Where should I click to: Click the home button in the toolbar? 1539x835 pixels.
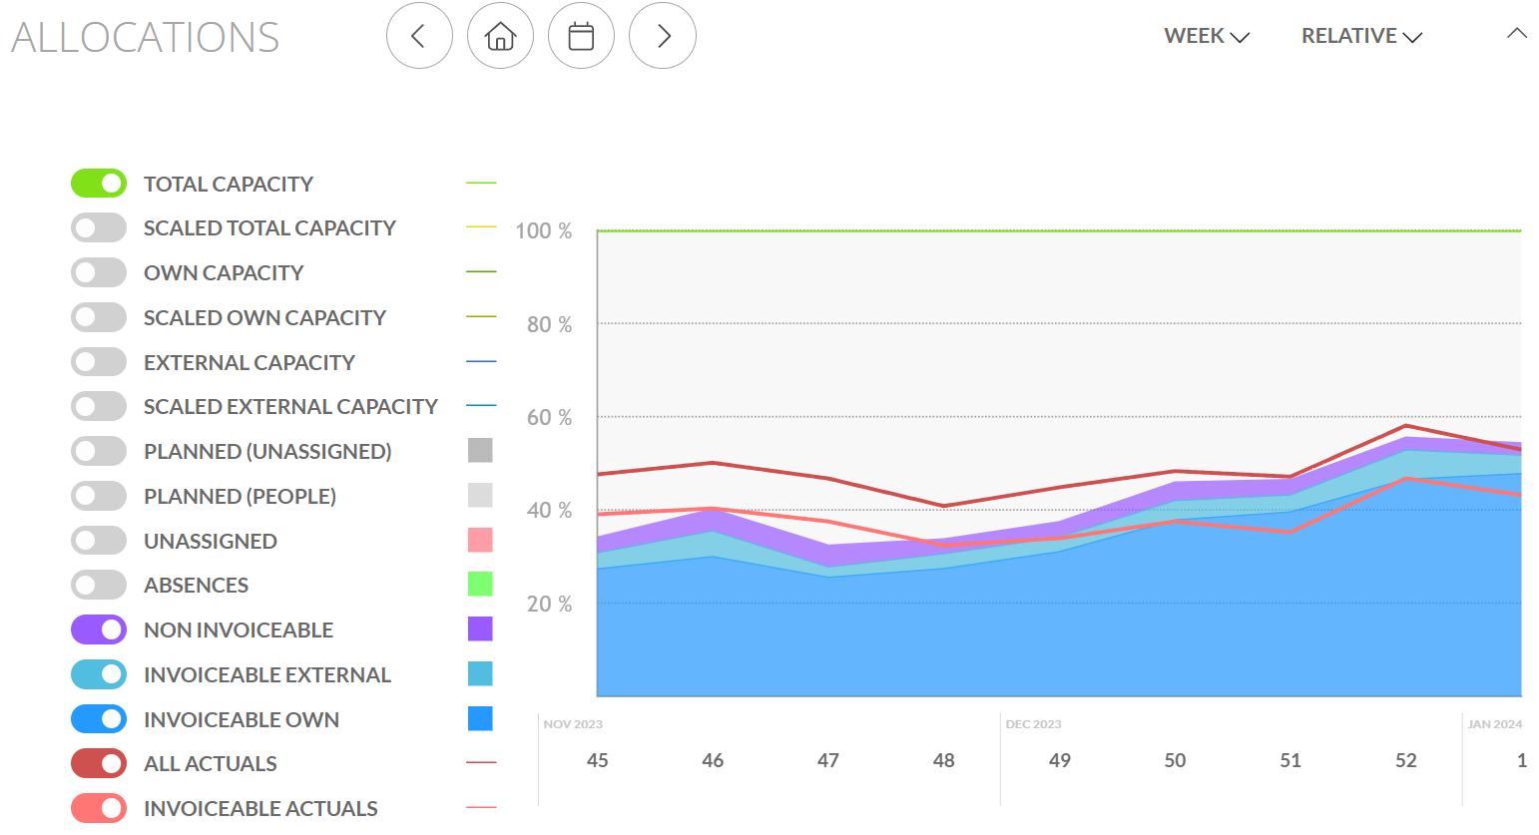click(500, 36)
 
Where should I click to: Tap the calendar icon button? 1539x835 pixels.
click(581, 36)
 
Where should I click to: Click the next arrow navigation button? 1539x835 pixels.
click(663, 36)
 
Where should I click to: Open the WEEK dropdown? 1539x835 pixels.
click(1206, 36)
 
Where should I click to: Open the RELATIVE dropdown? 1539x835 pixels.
click(1360, 36)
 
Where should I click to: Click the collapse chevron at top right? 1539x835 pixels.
click(1516, 34)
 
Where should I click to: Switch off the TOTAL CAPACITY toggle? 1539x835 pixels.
click(99, 184)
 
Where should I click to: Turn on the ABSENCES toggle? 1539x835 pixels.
click(99, 585)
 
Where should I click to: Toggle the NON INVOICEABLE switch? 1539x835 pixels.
click(99, 629)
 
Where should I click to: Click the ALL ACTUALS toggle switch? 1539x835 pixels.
click(99, 763)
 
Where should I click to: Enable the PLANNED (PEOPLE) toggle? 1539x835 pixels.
click(99, 496)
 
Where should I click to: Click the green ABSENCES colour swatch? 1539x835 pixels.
click(480, 585)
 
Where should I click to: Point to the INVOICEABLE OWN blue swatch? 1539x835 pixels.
click(480, 718)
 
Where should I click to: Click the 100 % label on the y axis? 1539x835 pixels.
click(543, 231)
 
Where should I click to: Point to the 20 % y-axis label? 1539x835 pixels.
click(549, 604)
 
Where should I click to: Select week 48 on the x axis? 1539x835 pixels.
click(943, 760)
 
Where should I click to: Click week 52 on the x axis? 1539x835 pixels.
click(1405, 760)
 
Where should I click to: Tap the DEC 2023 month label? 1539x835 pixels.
click(1033, 724)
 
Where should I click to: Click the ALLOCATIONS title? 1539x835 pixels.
click(146, 38)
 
